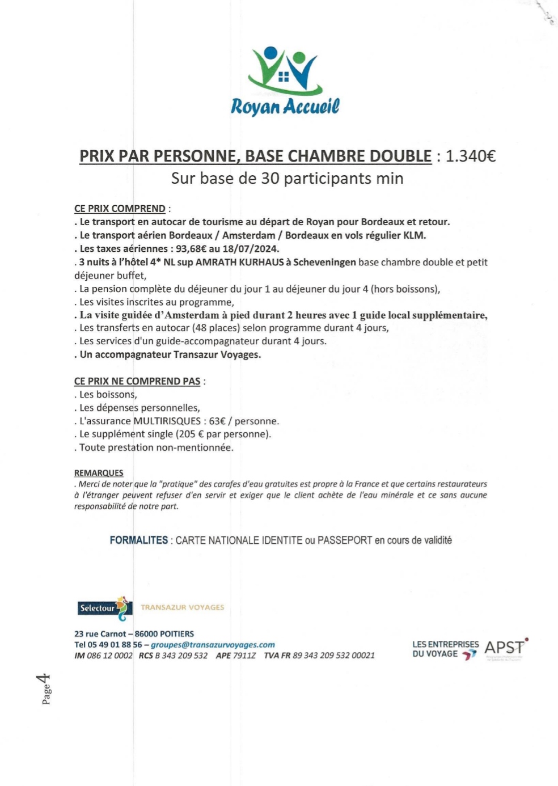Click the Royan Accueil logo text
point(285,105)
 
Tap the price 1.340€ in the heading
point(471,156)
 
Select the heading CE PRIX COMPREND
point(120,209)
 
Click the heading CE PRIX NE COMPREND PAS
point(137,381)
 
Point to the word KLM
point(414,235)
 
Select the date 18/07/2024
point(253,248)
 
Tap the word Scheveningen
point(324,262)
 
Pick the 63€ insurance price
point(218,421)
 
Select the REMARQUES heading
point(99,472)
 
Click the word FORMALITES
point(139,540)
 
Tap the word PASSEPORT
point(344,540)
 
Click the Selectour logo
point(105,607)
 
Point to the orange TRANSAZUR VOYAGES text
point(183,607)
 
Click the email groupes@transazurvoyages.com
point(213,645)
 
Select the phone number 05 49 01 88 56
point(115,645)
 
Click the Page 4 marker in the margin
point(45,689)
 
